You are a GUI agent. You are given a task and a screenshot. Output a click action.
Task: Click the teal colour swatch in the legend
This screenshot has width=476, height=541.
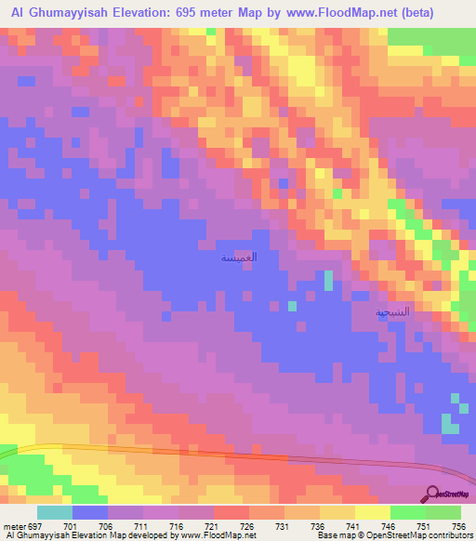click(55, 512)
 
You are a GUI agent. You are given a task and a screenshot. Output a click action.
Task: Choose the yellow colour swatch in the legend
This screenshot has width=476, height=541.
click(373, 512)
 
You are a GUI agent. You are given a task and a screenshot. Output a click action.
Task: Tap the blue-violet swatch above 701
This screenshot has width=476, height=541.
click(90, 512)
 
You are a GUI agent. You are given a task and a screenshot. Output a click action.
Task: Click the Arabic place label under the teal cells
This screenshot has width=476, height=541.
click(391, 313)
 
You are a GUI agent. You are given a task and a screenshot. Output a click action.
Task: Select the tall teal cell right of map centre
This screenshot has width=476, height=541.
click(328, 282)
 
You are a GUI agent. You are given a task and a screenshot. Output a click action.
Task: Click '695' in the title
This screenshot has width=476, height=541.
click(202, 11)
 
